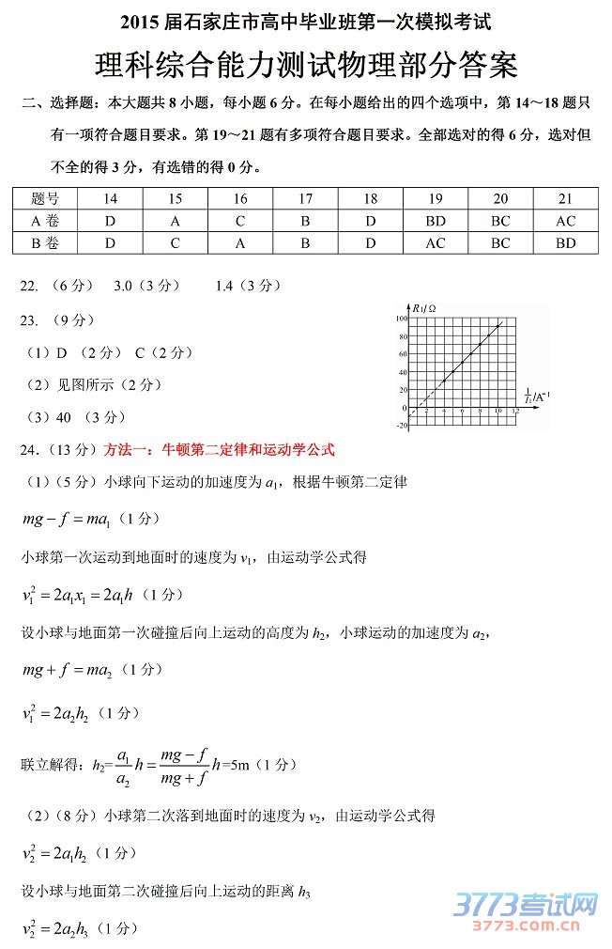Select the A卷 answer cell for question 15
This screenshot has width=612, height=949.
(176, 221)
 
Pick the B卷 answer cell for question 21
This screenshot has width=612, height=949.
(565, 243)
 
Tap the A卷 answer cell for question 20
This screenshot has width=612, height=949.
(500, 221)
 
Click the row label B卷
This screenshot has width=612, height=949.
(45, 243)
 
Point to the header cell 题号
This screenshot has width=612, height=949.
(45, 198)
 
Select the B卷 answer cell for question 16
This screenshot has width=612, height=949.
(240, 243)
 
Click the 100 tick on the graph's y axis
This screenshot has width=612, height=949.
(401, 319)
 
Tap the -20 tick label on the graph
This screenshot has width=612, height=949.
(402, 426)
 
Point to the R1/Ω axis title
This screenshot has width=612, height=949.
(424, 308)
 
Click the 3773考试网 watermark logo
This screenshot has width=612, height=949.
(526, 907)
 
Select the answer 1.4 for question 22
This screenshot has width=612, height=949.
(224, 286)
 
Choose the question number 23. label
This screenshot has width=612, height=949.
(30, 320)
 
